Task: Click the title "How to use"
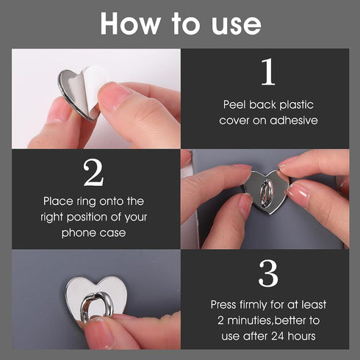pos(180,24)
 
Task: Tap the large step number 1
pos(269,73)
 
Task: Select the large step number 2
pos(93,173)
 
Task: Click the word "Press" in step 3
pos(225,304)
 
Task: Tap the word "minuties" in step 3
pos(254,320)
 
